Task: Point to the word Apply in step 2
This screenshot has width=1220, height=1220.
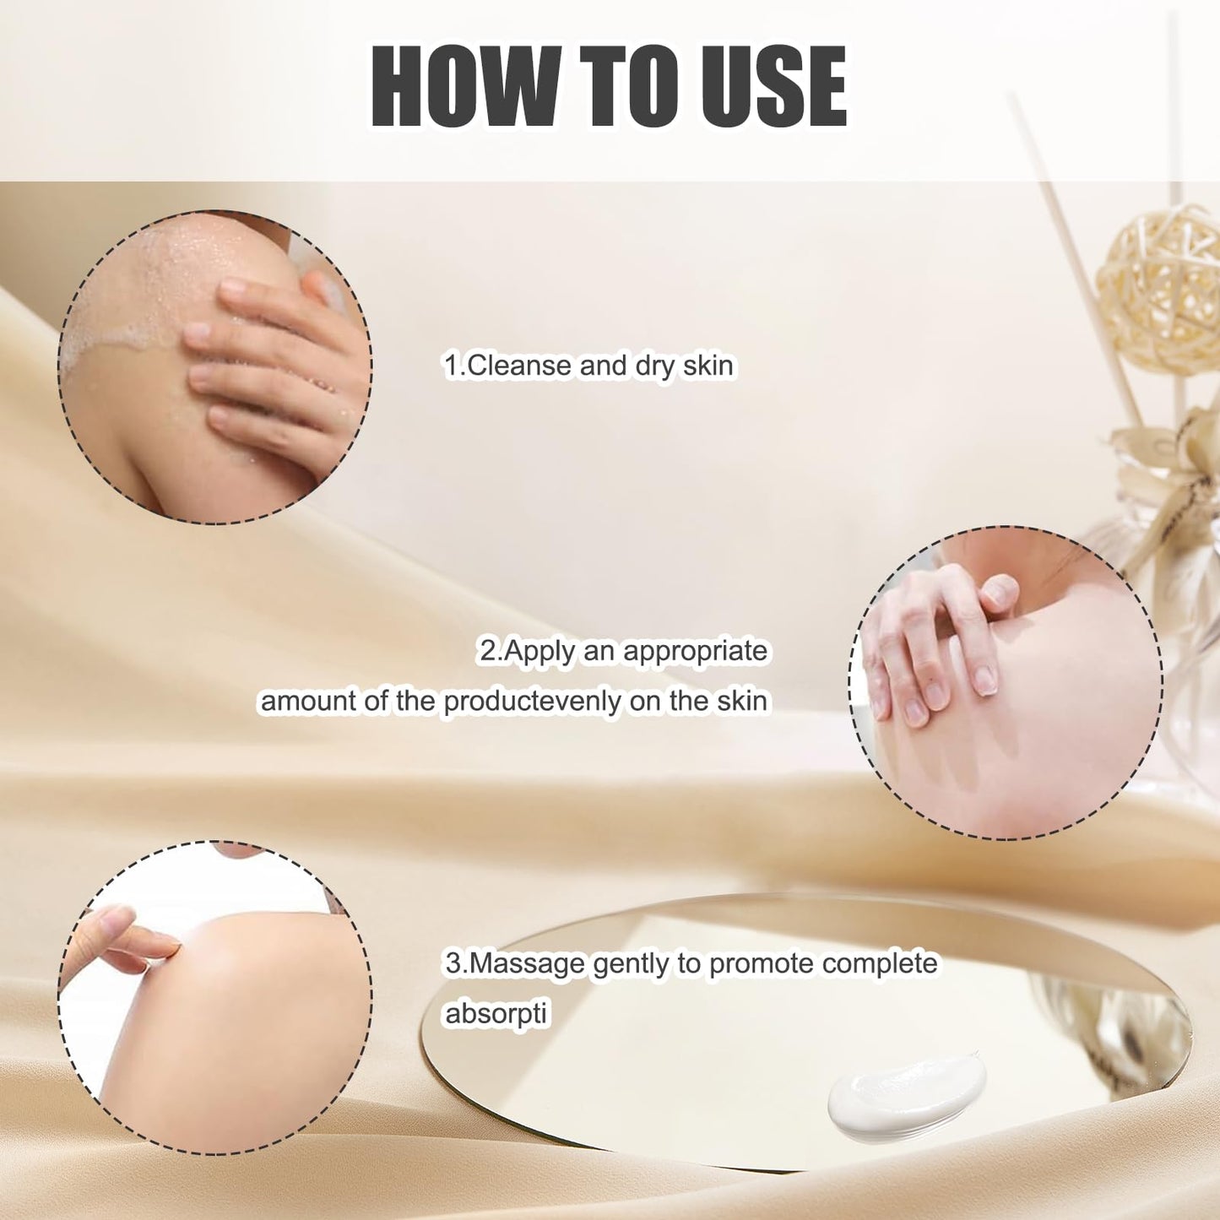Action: coord(540,651)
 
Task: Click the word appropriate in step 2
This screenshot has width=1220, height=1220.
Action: coord(695,651)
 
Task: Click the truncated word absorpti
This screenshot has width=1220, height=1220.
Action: coord(496,1013)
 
